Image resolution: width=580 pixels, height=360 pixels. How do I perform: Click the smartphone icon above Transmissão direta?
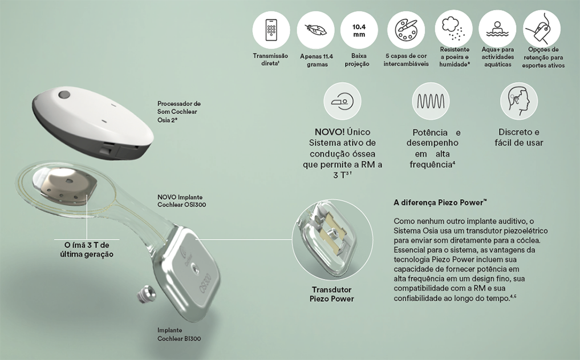pyautogui.click(x=271, y=30)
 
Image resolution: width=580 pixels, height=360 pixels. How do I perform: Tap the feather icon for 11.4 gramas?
pyautogui.click(x=315, y=30)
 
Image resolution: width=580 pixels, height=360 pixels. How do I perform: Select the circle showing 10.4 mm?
pyautogui.click(x=359, y=30)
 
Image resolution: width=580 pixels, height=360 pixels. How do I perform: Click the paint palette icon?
pyautogui.click(x=406, y=30)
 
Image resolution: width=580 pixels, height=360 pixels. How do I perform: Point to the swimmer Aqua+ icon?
pyautogui.click(x=497, y=29)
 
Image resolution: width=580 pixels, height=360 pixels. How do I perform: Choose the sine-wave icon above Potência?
pyautogui.click(x=431, y=101)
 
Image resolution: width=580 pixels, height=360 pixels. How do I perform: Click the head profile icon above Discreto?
pyautogui.click(x=518, y=100)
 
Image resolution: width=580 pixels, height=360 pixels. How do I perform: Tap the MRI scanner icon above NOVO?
pyautogui.click(x=343, y=100)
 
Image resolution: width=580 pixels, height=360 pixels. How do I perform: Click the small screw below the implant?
pyautogui.click(x=146, y=294)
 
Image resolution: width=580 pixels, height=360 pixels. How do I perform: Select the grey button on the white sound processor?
pyautogui.click(x=64, y=95)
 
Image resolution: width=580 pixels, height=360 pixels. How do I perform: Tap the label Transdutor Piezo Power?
pyautogui.click(x=332, y=294)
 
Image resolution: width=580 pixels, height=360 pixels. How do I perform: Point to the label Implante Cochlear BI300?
pyautogui.click(x=179, y=334)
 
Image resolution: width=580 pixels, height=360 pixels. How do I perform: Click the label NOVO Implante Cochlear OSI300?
pyautogui.click(x=181, y=201)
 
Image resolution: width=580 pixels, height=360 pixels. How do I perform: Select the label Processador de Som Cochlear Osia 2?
pyautogui.click(x=179, y=112)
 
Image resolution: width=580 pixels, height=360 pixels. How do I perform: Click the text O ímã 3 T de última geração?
pyautogui.click(x=87, y=249)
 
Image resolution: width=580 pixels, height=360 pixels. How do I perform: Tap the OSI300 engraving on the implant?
pyautogui.click(x=205, y=284)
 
